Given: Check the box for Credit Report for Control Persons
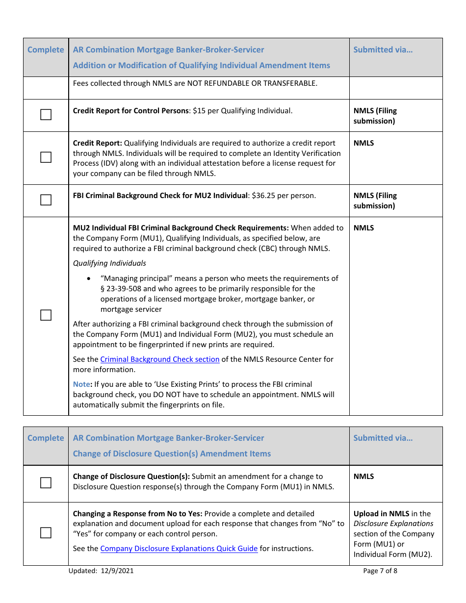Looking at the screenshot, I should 46,115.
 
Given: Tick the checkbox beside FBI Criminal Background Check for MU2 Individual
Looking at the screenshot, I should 46,200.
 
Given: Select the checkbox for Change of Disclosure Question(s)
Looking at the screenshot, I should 46,483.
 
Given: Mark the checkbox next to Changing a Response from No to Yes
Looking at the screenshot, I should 46,533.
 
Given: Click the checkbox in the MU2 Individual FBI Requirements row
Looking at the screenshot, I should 46,315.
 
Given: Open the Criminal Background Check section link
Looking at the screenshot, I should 159,359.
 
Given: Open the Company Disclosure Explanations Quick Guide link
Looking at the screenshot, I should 179,549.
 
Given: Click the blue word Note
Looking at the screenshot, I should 81,384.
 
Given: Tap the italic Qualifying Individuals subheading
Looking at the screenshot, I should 109,263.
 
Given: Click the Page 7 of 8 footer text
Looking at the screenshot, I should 380,571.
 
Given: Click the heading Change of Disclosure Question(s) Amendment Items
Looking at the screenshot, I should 172,454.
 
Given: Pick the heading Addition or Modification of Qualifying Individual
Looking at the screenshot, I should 201,66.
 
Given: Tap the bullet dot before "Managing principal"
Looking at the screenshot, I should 88,278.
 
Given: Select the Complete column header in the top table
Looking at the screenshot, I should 46,50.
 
